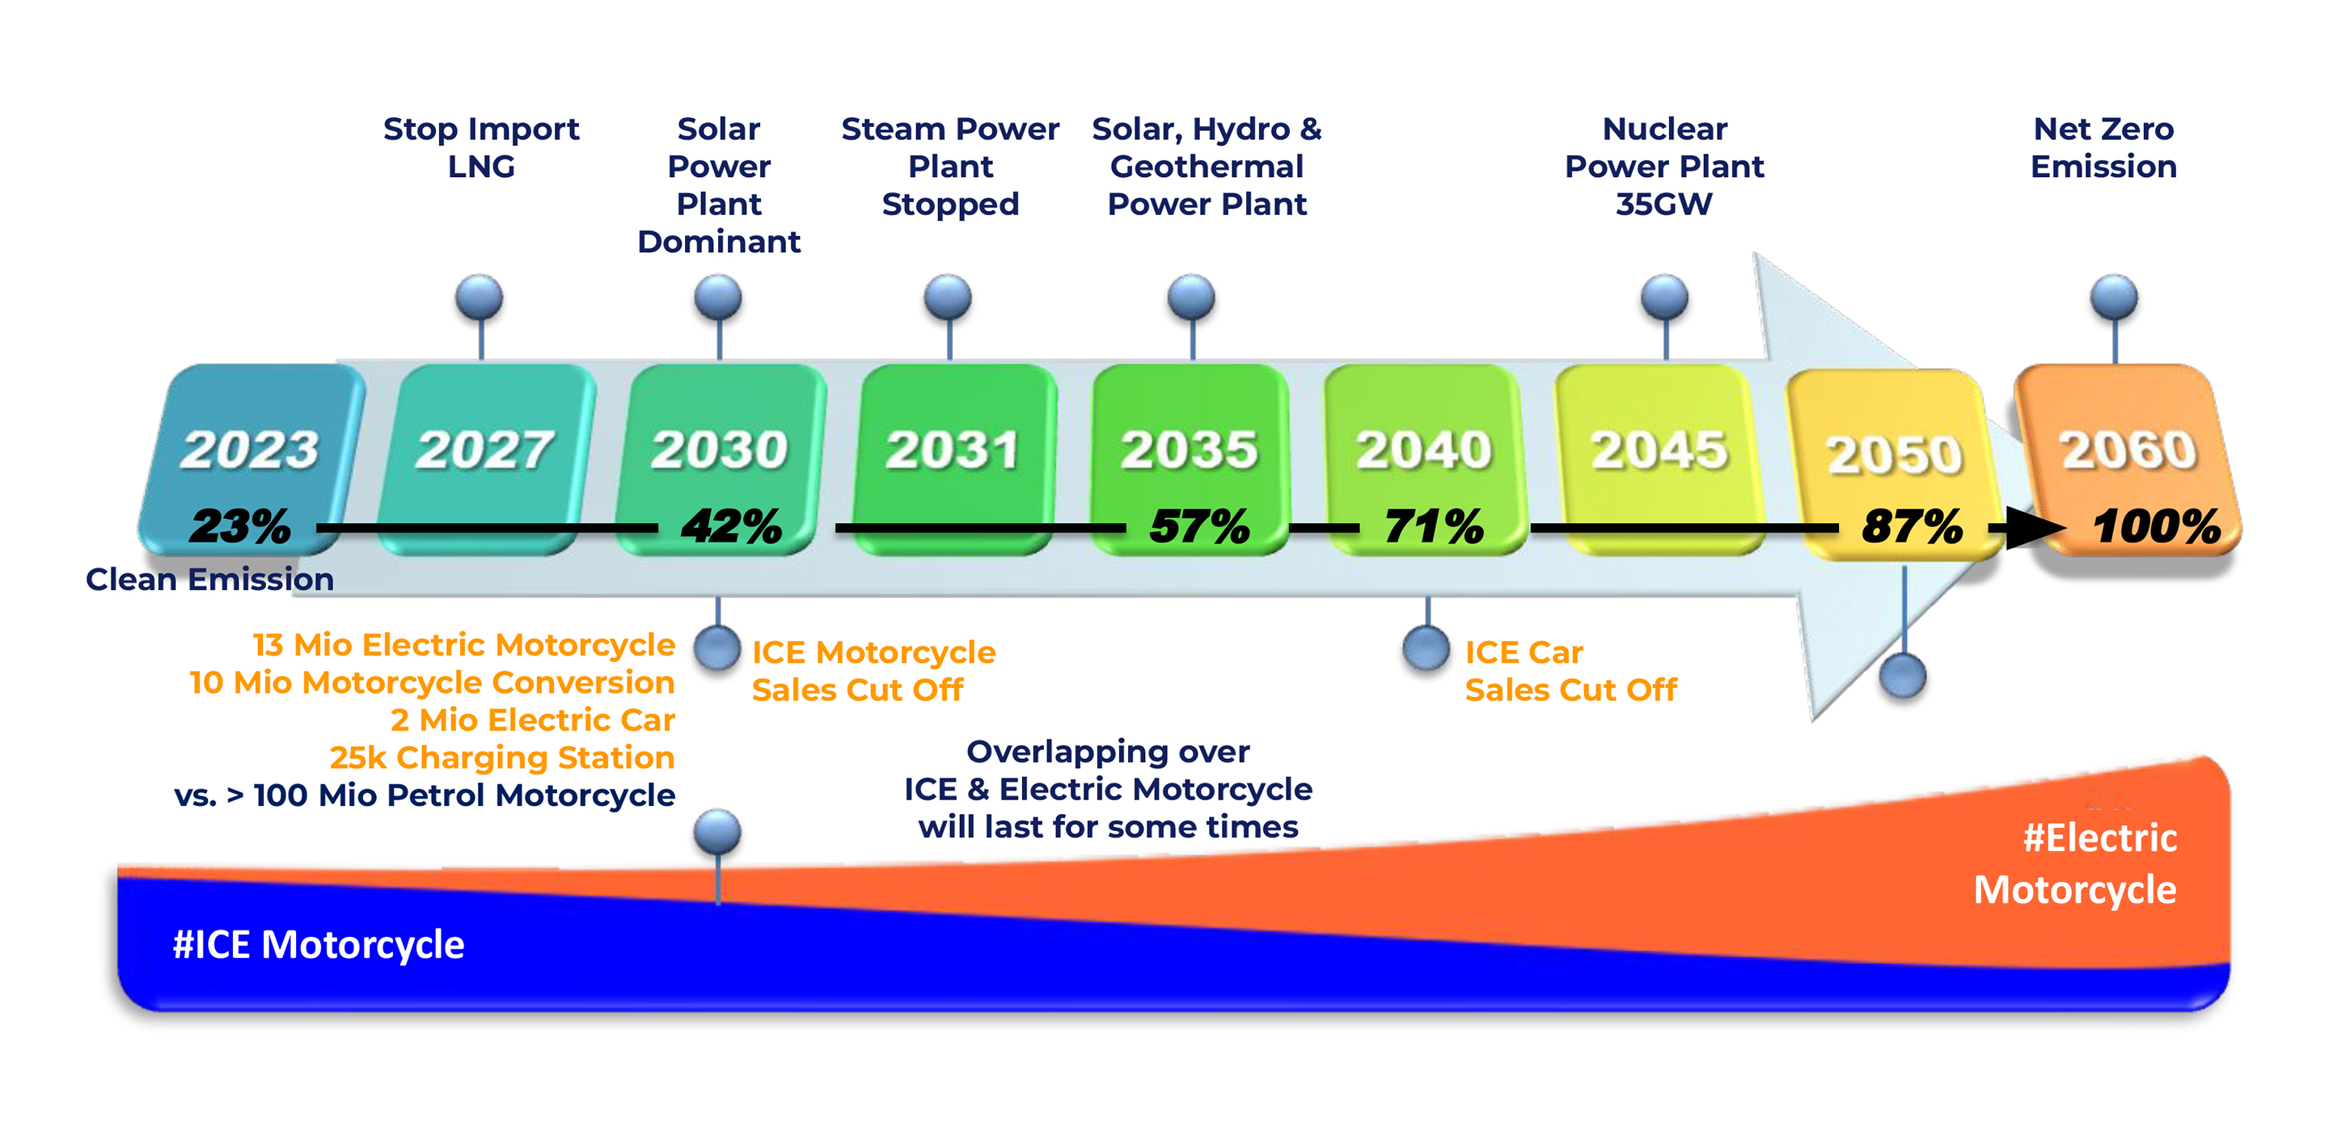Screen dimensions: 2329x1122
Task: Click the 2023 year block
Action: [x=251, y=459]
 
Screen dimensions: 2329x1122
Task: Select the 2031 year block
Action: [x=955, y=459]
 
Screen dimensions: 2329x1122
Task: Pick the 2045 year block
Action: [x=1659, y=459]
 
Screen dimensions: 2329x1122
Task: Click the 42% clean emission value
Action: [x=731, y=526]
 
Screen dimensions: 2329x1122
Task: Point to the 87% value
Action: [x=1911, y=526]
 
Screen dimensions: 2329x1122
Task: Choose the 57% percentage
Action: [x=1200, y=526]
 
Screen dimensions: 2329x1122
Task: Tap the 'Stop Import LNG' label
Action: [x=481, y=147]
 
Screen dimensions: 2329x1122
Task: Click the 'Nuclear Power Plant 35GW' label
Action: [x=1664, y=167]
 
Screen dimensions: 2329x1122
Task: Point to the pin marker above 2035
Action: [x=1192, y=297]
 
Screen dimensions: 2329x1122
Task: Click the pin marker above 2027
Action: [x=480, y=297]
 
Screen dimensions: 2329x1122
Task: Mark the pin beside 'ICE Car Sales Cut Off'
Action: [x=1427, y=647]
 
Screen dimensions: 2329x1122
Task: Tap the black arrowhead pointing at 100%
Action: [x=2035, y=527]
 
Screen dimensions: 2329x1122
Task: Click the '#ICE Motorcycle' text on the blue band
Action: [x=319, y=945]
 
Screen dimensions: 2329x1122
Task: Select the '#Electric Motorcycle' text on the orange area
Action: [x=2075, y=863]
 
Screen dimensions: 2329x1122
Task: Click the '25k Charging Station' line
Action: [x=501, y=757]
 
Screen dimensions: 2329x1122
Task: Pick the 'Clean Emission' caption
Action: [x=209, y=579]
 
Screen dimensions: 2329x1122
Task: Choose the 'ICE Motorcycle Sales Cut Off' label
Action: [x=873, y=671]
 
